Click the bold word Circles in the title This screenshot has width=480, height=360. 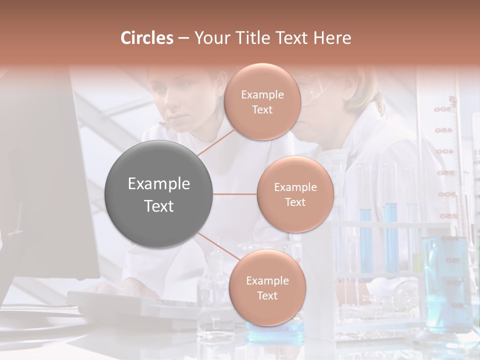pyautogui.click(x=147, y=37)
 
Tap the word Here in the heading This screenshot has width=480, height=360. pyautogui.click(x=332, y=37)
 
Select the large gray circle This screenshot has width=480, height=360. pyautogui.click(x=159, y=194)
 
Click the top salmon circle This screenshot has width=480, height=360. pyautogui.click(x=262, y=101)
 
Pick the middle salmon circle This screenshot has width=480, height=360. pyautogui.click(x=295, y=194)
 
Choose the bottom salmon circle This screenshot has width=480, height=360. pyautogui.click(x=267, y=287)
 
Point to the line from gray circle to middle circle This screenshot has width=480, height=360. pyautogui.click(x=235, y=194)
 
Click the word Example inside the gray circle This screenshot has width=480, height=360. pyautogui.click(x=159, y=184)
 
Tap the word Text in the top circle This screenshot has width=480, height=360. pyautogui.click(x=262, y=110)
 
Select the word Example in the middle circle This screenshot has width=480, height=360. pyautogui.click(x=295, y=187)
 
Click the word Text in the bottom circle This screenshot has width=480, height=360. pyautogui.click(x=267, y=295)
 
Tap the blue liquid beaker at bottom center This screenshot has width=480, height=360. pyautogui.click(x=275, y=327)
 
